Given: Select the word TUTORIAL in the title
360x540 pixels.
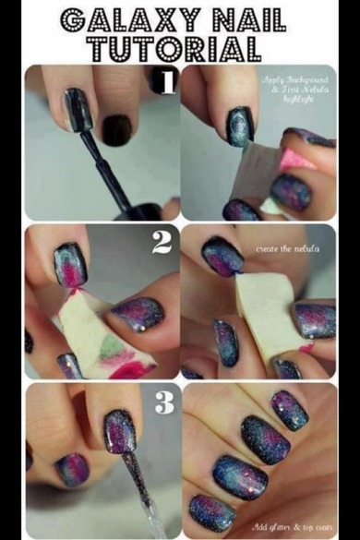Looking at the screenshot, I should click(180, 48).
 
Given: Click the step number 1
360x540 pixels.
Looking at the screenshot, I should click(165, 83).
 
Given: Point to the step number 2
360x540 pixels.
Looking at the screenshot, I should click(162, 243).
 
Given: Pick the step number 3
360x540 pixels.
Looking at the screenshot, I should click(165, 402).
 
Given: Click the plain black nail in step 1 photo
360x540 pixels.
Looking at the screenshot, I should click(116, 130).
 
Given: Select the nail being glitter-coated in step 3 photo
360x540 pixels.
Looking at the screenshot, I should click(120, 430).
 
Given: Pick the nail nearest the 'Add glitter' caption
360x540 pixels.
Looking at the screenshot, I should click(209, 510).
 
